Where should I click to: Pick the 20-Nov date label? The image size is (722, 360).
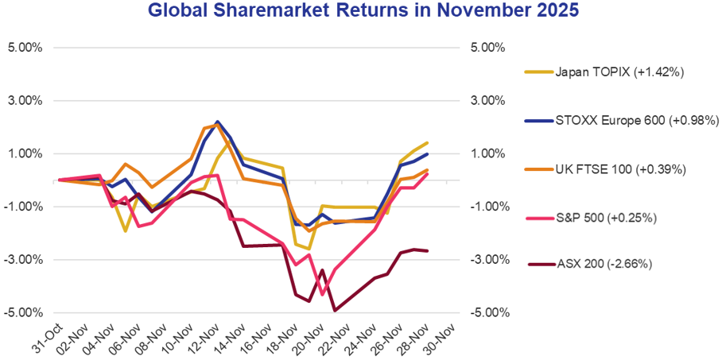click(x=309, y=338)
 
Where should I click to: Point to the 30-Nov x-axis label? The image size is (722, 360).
click(x=441, y=338)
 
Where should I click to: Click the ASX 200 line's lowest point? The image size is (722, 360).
click(x=336, y=310)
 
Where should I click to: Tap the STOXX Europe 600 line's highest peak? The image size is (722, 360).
click(x=217, y=122)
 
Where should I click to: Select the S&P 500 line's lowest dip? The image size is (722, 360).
click(x=322, y=295)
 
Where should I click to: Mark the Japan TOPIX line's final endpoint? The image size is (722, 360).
click(x=428, y=142)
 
